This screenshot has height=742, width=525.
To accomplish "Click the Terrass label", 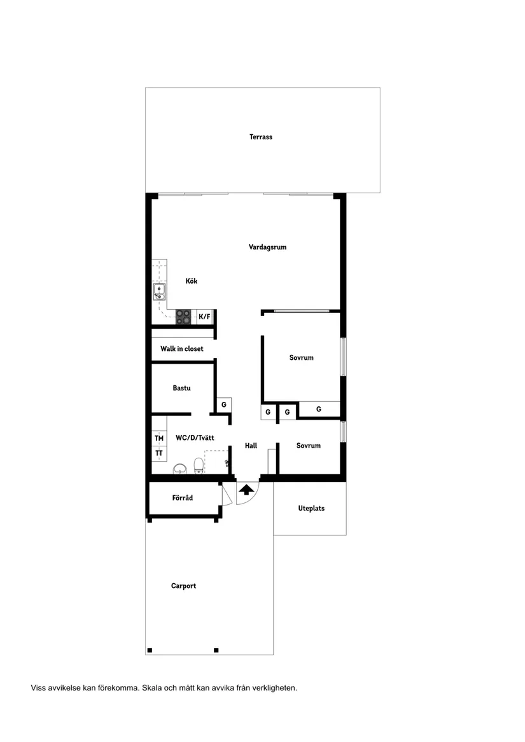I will (261, 137).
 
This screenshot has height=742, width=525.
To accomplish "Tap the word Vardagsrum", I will (267, 247).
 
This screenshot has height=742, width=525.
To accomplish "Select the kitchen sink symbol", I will (159, 292).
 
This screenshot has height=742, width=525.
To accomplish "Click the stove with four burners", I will (184, 317).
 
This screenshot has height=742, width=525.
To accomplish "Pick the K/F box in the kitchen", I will (204, 317).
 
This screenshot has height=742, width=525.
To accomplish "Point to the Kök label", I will (192, 281).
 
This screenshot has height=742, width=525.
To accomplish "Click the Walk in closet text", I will (182, 349).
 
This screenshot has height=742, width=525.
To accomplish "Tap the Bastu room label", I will (181, 388).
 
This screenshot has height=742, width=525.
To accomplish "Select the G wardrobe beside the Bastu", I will (223, 404).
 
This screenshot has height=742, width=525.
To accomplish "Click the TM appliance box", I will (159, 438).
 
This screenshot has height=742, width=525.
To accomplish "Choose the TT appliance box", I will (159, 453).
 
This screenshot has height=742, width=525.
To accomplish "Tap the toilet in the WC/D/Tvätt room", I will (199, 465).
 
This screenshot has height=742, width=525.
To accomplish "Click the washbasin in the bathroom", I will (180, 469).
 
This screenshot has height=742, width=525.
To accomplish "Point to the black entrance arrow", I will (246, 489).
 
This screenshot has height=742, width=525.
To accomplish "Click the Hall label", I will (251, 446).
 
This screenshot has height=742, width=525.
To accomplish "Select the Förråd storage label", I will (182, 498).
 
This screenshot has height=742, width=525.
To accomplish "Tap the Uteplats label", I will (311, 509).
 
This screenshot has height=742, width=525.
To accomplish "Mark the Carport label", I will (183, 586).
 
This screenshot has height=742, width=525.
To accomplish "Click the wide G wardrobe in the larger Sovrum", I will (319, 409).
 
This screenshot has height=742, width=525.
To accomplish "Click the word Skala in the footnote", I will (153, 688).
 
